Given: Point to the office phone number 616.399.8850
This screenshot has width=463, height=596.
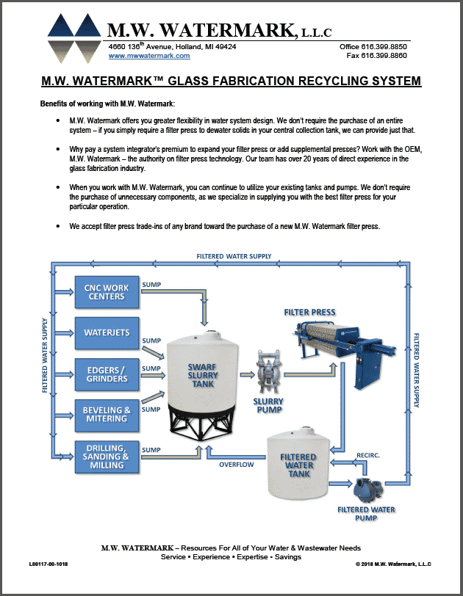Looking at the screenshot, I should pos(381,46).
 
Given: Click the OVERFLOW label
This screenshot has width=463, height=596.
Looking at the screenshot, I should pos(237,464).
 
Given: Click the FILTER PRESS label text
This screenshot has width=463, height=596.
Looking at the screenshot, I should pos(309,312).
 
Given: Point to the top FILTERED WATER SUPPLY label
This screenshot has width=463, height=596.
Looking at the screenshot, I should pos(234,256).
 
